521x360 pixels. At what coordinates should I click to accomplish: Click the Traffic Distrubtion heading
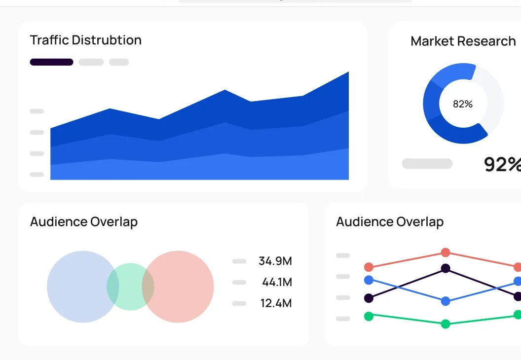[86, 40]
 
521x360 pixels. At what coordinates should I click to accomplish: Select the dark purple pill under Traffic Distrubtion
[51, 62]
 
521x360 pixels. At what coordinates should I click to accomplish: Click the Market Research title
[463, 41]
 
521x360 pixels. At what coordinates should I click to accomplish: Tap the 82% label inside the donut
[463, 104]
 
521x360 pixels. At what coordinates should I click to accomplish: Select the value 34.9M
[275, 261]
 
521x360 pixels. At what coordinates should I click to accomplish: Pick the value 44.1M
[277, 282]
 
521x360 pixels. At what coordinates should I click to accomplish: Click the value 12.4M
[276, 303]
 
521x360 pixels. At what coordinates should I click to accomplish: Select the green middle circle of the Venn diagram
[130, 287]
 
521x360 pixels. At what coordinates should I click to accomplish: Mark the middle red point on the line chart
[446, 252]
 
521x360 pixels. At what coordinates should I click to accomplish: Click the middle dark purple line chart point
[446, 268]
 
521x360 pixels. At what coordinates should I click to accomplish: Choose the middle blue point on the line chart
[446, 301]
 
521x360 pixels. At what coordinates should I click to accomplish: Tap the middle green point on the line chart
[446, 324]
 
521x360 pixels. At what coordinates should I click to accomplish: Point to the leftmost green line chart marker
[369, 316]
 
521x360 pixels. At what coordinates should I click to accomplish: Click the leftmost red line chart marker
[369, 267]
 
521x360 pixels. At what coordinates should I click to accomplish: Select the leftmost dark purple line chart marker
[369, 298]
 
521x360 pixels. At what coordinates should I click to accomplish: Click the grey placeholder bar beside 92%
[427, 164]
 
